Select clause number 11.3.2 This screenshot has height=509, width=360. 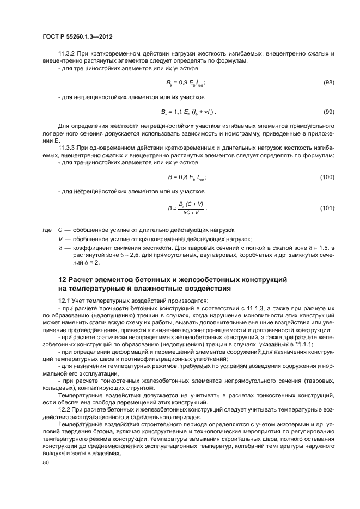point(68,53)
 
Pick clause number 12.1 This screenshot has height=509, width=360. point(64,301)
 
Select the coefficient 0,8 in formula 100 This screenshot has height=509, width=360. point(180,177)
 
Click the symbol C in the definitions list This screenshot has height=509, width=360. point(60,230)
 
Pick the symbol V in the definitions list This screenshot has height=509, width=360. point(60,240)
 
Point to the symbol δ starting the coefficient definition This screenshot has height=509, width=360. point(60,248)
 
